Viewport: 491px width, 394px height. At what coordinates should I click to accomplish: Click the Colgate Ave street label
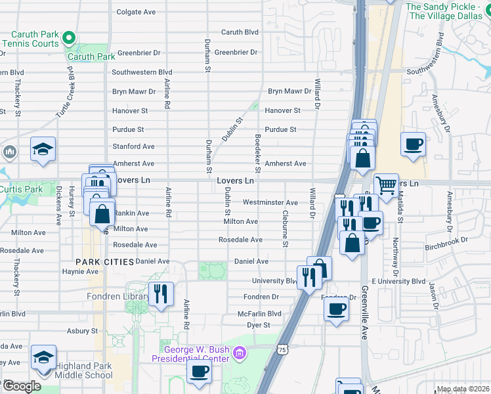pyautogui.click(x=136, y=12)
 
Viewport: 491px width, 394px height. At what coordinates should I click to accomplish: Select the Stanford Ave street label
pyautogui.click(x=133, y=146)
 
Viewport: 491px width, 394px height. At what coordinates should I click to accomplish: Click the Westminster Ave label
pyautogui.click(x=270, y=203)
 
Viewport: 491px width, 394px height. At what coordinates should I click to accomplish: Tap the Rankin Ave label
pyautogui.click(x=132, y=213)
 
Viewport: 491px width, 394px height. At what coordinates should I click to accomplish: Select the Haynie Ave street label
pyautogui.click(x=79, y=271)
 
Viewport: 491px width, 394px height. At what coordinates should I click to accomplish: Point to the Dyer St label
pyautogui.click(x=258, y=325)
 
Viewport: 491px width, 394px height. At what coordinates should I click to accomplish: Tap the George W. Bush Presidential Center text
pyautogui.click(x=190, y=354)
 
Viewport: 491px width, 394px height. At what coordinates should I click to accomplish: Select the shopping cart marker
pyautogui.click(x=386, y=186)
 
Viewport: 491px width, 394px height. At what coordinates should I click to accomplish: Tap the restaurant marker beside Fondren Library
pyautogui.click(x=160, y=293)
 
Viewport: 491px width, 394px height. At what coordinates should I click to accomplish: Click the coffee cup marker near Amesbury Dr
pyautogui.click(x=413, y=144)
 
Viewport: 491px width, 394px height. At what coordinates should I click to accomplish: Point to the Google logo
pyautogui.click(x=21, y=386)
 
